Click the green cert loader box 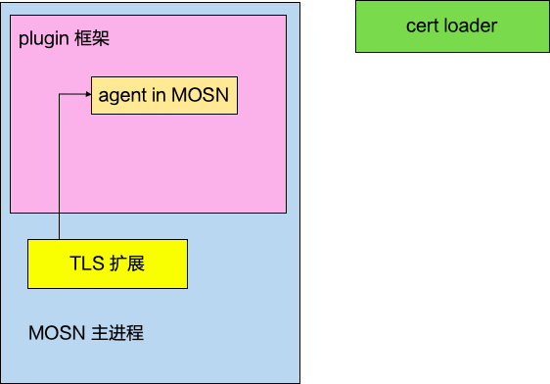[x=452, y=26]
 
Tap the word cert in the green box [x=423, y=26]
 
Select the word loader [x=471, y=26]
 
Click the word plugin [x=42, y=41]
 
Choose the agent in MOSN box [x=164, y=95]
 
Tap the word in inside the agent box [x=156, y=95]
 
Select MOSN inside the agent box [x=200, y=95]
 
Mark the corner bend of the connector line [x=60, y=94]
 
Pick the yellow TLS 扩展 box [x=108, y=264]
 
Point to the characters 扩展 [x=127, y=264]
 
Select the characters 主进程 [x=117, y=333]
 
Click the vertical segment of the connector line [x=60, y=167]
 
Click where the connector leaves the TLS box [x=60, y=239]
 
